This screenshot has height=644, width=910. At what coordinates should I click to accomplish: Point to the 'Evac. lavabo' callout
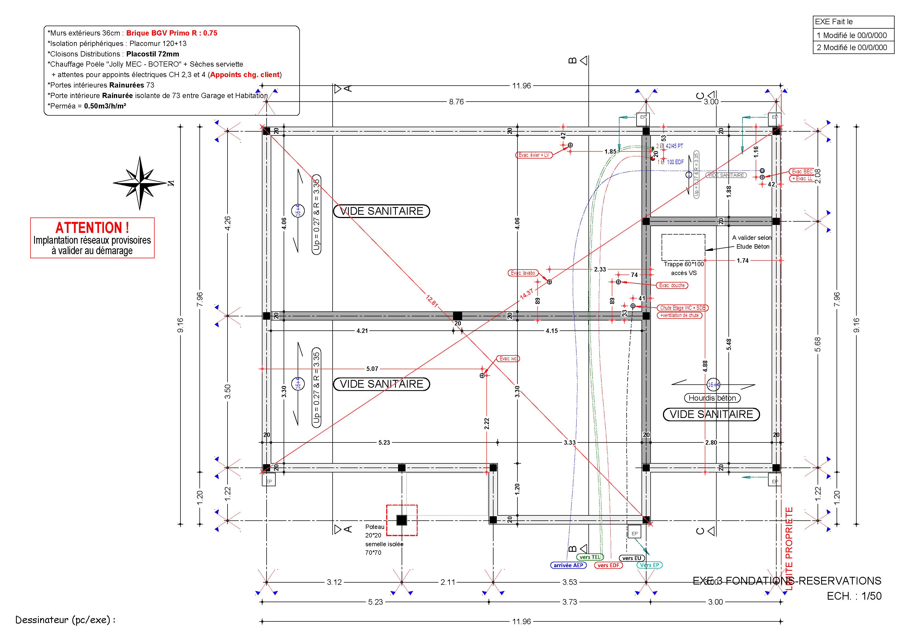click(x=523, y=273)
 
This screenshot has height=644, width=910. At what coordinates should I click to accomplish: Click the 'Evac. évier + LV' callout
click(x=534, y=155)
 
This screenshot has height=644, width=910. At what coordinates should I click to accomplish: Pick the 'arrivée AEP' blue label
click(x=568, y=565)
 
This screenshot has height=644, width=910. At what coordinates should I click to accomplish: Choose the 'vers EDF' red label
click(x=609, y=565)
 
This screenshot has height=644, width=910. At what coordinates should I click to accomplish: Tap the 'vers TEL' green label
click(x=590, y=557)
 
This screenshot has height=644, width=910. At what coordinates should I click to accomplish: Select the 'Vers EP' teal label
click(x=649, y=565)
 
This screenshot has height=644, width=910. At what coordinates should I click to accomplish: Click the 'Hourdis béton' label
click(x=712, y=398)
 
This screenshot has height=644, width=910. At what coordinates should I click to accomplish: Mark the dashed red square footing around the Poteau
click(x=402, y=520)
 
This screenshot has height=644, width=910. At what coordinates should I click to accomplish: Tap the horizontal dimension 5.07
click(x=372, y=369)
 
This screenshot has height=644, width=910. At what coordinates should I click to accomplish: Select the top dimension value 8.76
click(x=456, y=102)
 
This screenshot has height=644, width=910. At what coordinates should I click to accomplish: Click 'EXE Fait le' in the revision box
click(x=834, y=22)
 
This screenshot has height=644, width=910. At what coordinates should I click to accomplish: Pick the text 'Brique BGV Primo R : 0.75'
click(x=172, y=33)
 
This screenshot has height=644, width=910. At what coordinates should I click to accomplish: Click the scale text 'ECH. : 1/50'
click(x=854, y=596)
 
